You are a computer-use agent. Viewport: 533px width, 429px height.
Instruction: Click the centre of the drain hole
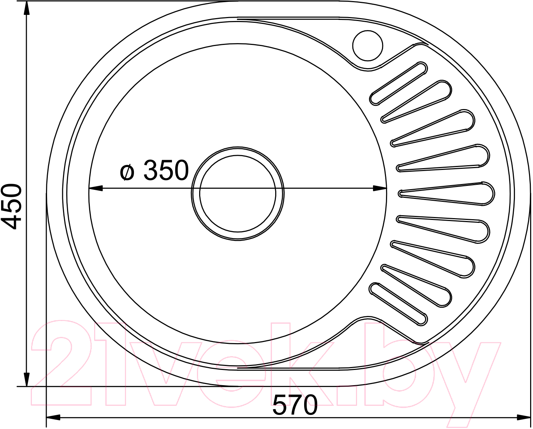(x=238, y=193)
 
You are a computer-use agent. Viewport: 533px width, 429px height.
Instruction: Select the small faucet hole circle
(x=368, y=46)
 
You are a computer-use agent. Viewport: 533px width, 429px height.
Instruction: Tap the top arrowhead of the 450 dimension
(x=27, y=9)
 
